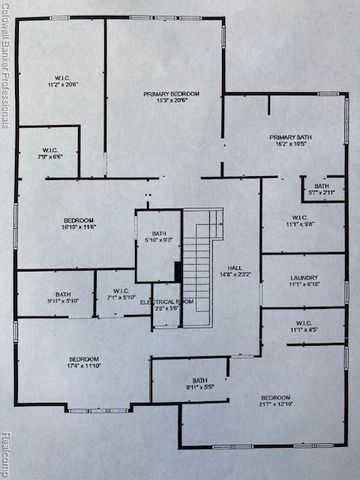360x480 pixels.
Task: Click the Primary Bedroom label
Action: [x=171, y=97]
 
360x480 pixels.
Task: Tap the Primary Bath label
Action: [x=291, y=141]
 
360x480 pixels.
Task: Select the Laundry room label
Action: [x=303, y=281]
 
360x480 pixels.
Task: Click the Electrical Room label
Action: [x=159, y=304]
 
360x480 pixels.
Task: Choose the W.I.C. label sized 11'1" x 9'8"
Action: [x=301, y=221]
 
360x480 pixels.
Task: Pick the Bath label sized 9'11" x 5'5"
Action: [x=200, y=383]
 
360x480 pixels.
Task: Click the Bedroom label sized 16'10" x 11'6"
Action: [x=79, y=224]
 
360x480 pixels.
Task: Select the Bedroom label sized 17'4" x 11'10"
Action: [x=83, y=361]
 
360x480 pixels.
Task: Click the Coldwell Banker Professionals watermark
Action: [x=6, y=70]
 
